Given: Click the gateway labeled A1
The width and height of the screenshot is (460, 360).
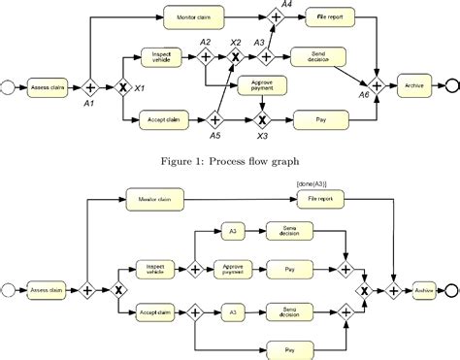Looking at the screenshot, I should (92, 86).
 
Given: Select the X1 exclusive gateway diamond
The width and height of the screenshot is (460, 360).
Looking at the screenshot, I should (123, 86).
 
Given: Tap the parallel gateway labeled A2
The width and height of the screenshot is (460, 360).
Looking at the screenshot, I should (207, 57).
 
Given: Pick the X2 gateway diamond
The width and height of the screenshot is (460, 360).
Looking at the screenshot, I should (234, 57).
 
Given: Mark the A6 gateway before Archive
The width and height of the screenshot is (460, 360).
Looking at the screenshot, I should (378, 86).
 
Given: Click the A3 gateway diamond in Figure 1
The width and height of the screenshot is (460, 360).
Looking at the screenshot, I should (261, 57).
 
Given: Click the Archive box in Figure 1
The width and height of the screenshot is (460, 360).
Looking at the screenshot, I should (413, 86).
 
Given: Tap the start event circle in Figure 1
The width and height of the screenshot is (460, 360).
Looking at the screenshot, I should (11, 86).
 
